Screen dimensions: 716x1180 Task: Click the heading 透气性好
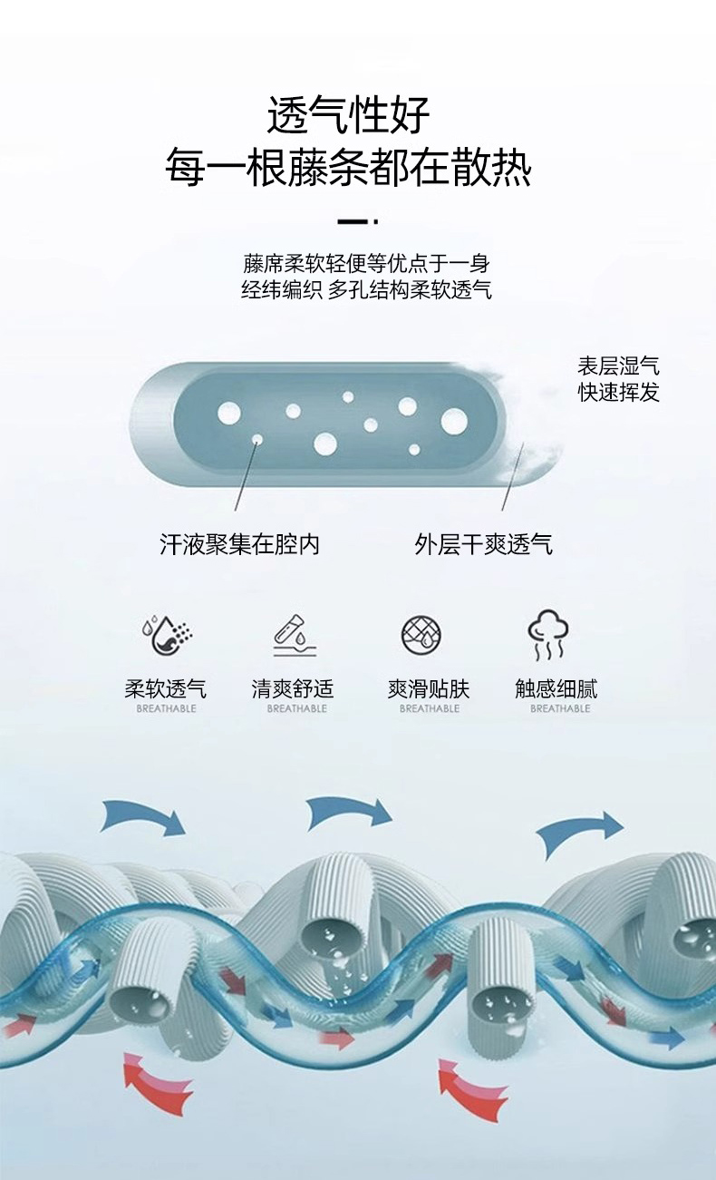point(348,116)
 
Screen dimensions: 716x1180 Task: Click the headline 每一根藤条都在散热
point(348,169)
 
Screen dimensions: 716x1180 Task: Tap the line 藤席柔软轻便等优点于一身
point(366,264)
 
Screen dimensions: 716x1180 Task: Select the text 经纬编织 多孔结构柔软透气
point(366,290)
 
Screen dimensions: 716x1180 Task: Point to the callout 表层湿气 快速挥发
point(619,379)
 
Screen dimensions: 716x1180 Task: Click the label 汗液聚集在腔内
point(239,544)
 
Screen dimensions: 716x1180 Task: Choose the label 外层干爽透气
point(483,544)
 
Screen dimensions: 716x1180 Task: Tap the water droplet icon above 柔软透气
point(166,635)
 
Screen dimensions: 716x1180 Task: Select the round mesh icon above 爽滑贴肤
point(421,634)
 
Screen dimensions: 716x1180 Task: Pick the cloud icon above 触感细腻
point(549,634)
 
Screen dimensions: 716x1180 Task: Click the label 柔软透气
point(165,688)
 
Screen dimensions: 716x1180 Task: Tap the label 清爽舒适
point(293,688)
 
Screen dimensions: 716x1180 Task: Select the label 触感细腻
point(556,688)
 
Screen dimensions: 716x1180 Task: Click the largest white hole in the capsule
point(454,421)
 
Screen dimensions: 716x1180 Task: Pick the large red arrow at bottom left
point(157,1083)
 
